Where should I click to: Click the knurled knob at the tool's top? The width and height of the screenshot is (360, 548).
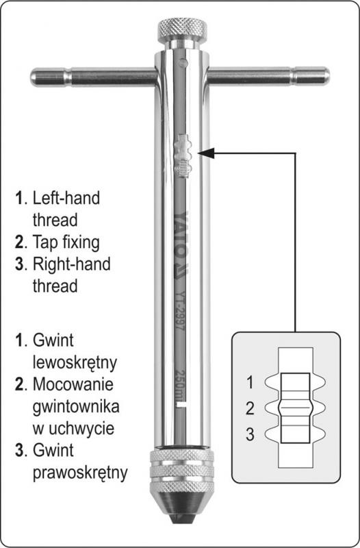(x=182, y=30)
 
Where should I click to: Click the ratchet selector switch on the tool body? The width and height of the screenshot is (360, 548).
(x=183, y=154)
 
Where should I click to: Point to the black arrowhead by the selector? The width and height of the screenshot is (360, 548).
(x=205, y=153)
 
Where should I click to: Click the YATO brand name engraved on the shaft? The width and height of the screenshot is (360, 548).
(x=181, y=245)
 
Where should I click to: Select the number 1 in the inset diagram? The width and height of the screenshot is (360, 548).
(x=250, y=382)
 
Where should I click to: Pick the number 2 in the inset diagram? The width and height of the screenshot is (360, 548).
(x=250, y=408)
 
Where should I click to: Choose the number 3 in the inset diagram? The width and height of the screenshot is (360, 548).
(x=250, y=434)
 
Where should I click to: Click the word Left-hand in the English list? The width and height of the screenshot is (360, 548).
(x=66, y=198)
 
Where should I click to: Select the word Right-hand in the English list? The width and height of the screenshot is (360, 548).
(x=72, y=264)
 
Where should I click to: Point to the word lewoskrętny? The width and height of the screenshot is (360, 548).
(x=75, y=363)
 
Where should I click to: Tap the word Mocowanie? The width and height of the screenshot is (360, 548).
(x=73, y=384)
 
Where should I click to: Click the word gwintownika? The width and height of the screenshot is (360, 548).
(x=76, y=406)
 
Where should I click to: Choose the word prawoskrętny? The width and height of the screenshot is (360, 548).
(x=80, y=473)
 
